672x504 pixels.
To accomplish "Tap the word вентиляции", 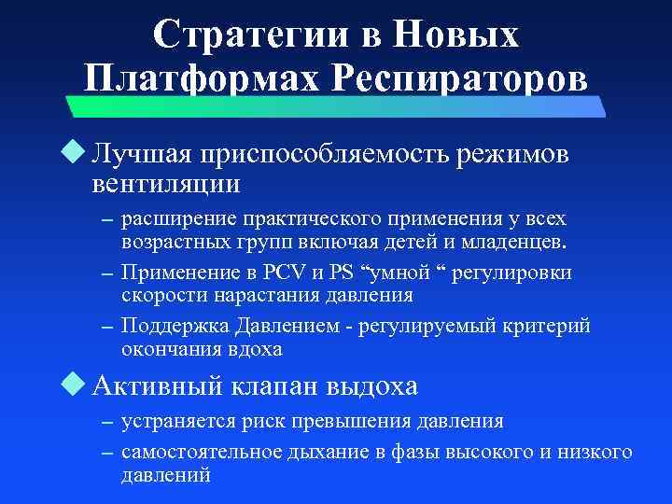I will pos(166,182).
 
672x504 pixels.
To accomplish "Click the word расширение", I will pos(177,219).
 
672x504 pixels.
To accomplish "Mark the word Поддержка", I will pos(171,326).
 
